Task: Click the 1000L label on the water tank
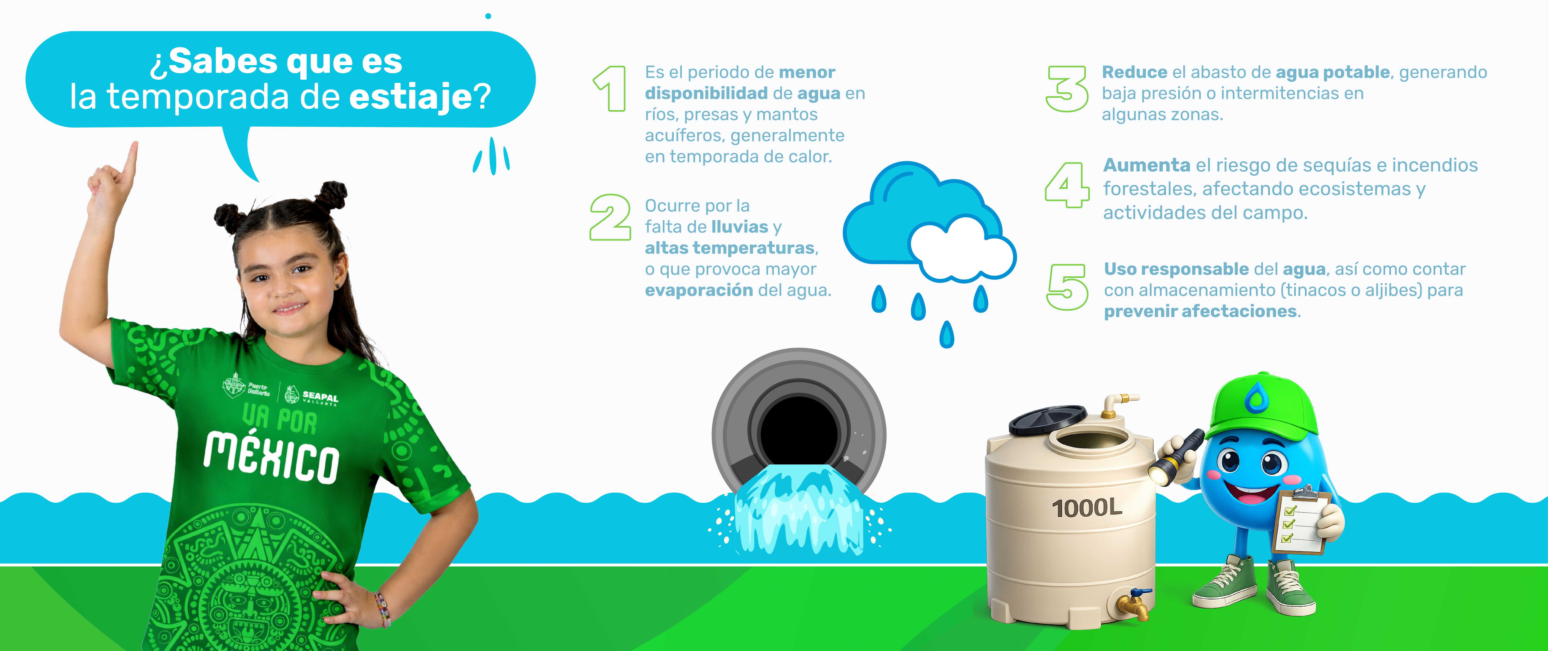(1087, 508)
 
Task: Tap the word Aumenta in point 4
(1147, 165)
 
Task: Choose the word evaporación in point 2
(699, 291)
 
